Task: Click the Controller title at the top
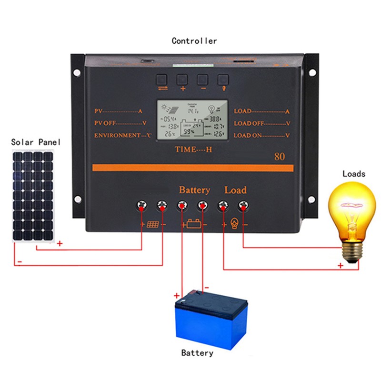tap(194, 41)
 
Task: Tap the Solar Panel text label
tap(33, 142)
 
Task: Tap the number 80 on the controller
tap(279, 156)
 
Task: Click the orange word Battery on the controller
tap(194, 190)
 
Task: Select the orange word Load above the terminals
tap(235, 190)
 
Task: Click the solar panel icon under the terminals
tap(152, 224)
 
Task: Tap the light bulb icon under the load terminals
tap(234, 224)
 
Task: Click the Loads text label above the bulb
tap(354, 174)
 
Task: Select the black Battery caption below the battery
tap(197, 353)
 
